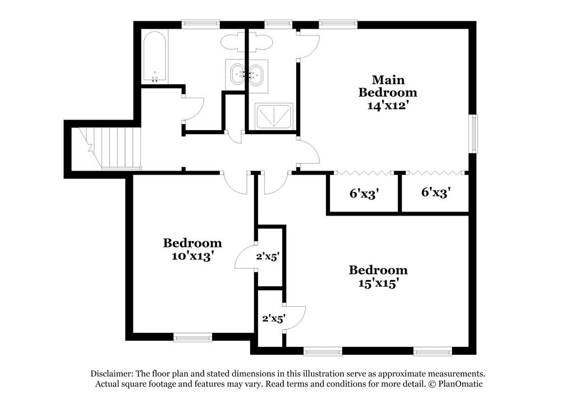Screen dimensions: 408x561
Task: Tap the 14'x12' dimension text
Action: [388, 105]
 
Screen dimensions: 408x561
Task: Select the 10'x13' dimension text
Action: [192, 256]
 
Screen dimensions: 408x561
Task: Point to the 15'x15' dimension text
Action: [378, 283]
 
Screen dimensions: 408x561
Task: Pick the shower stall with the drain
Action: [274, 117]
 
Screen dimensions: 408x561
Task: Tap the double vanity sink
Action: [247, 74]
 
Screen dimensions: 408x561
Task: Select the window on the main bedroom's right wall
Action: [474, 134]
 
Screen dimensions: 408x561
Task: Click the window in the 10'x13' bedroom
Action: [192, 337]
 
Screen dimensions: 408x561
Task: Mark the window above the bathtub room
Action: [200, 24]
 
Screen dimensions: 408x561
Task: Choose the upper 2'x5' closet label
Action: [268, 256]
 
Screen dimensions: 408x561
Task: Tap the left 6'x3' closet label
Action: [364, 194]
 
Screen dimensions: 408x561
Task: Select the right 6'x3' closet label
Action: [436, 192]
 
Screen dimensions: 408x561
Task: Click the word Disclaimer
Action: [110, 373]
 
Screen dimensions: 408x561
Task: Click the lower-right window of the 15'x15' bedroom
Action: [433, 352]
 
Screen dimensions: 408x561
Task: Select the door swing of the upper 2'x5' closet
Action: [244, 258]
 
